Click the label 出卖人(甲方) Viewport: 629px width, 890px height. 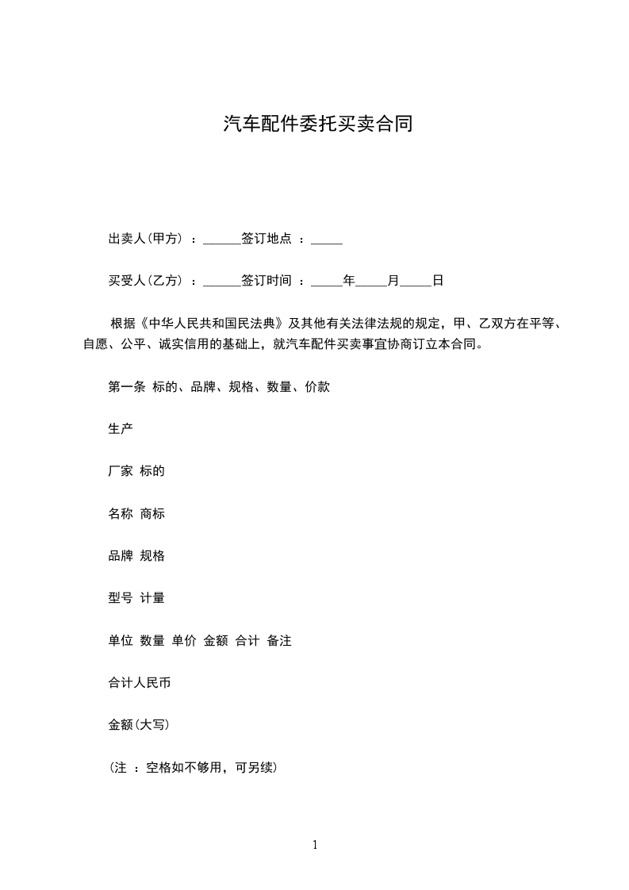(x=146, y=238)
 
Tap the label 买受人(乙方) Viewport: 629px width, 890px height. (x=146, y=280)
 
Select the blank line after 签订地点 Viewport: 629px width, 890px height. (x=327, y=240)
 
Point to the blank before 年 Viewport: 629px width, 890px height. (x=327, y=282)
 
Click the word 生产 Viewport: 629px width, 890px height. (x=121, y=429)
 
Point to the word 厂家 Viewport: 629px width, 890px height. (x=121, y=471)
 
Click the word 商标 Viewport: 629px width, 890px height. (x=152, y=513)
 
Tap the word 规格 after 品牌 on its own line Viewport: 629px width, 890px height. (x=152, y=555)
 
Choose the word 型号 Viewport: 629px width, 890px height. (x=121, y=598)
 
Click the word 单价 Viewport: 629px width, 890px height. (x=184, y=640)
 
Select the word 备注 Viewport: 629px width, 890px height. (x=279, y=640)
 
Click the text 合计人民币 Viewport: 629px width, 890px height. (x=140, y=682)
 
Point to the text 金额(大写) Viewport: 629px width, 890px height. (x=138, y=724)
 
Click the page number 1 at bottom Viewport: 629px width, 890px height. (x=315, y=845)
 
